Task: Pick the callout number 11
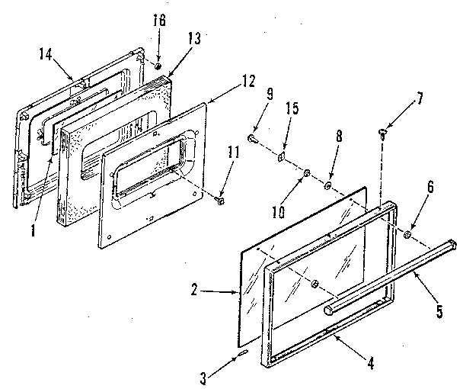232,152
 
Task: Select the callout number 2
195,290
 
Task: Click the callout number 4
371,363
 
